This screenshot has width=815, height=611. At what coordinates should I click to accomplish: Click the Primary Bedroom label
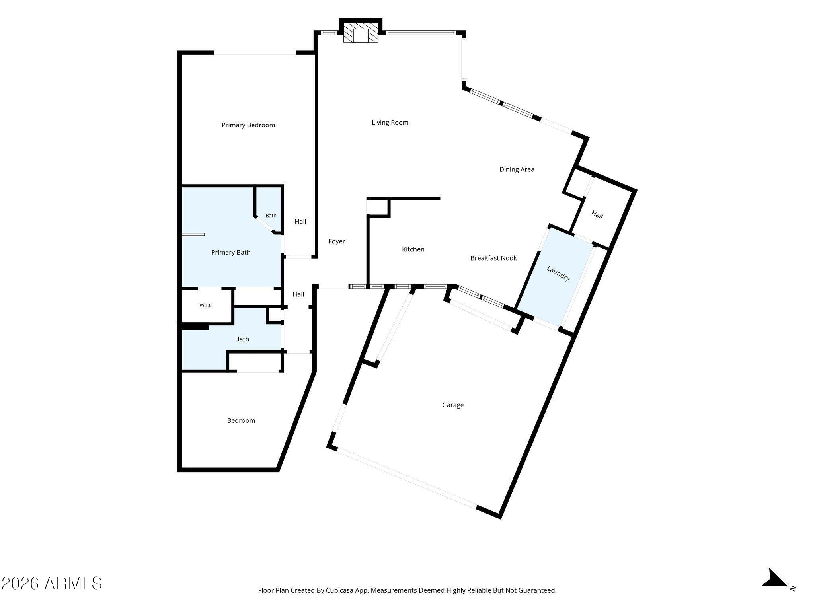(x=248, y=125)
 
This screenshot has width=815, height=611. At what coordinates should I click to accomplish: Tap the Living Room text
(x=390, y=123)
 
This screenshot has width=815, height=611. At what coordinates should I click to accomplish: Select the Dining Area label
(x=517, y=169)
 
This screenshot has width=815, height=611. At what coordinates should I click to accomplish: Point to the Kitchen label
(x=413, y=249)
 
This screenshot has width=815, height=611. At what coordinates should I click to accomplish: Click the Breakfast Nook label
(x=493, y=258)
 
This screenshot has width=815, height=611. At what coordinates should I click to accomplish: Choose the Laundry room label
(x=558, y=274)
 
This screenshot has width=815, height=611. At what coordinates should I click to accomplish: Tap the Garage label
(x=453, y=405)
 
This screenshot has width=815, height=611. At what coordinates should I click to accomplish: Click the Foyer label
(x=337, y=241)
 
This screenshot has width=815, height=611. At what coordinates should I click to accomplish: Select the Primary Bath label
(x=231, y=252)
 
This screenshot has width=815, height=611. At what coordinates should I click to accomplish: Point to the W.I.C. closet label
(x=207, y=305)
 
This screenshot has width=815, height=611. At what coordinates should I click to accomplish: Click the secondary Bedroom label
(x=241, y=420)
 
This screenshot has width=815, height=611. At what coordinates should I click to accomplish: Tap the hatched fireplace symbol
(x=361, y=32)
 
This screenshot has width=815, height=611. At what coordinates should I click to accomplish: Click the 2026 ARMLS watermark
(x=51, y=584)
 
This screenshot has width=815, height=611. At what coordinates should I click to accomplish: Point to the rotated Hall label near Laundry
(x=597, y=215)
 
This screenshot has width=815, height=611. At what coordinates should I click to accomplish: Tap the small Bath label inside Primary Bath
(x=271, y=216)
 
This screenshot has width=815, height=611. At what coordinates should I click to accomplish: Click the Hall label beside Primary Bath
(x=300, y=222)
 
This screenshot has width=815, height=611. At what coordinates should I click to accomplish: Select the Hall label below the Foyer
(x=298, y=294)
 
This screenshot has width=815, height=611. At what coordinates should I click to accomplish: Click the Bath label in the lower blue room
(x=242, y=339)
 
